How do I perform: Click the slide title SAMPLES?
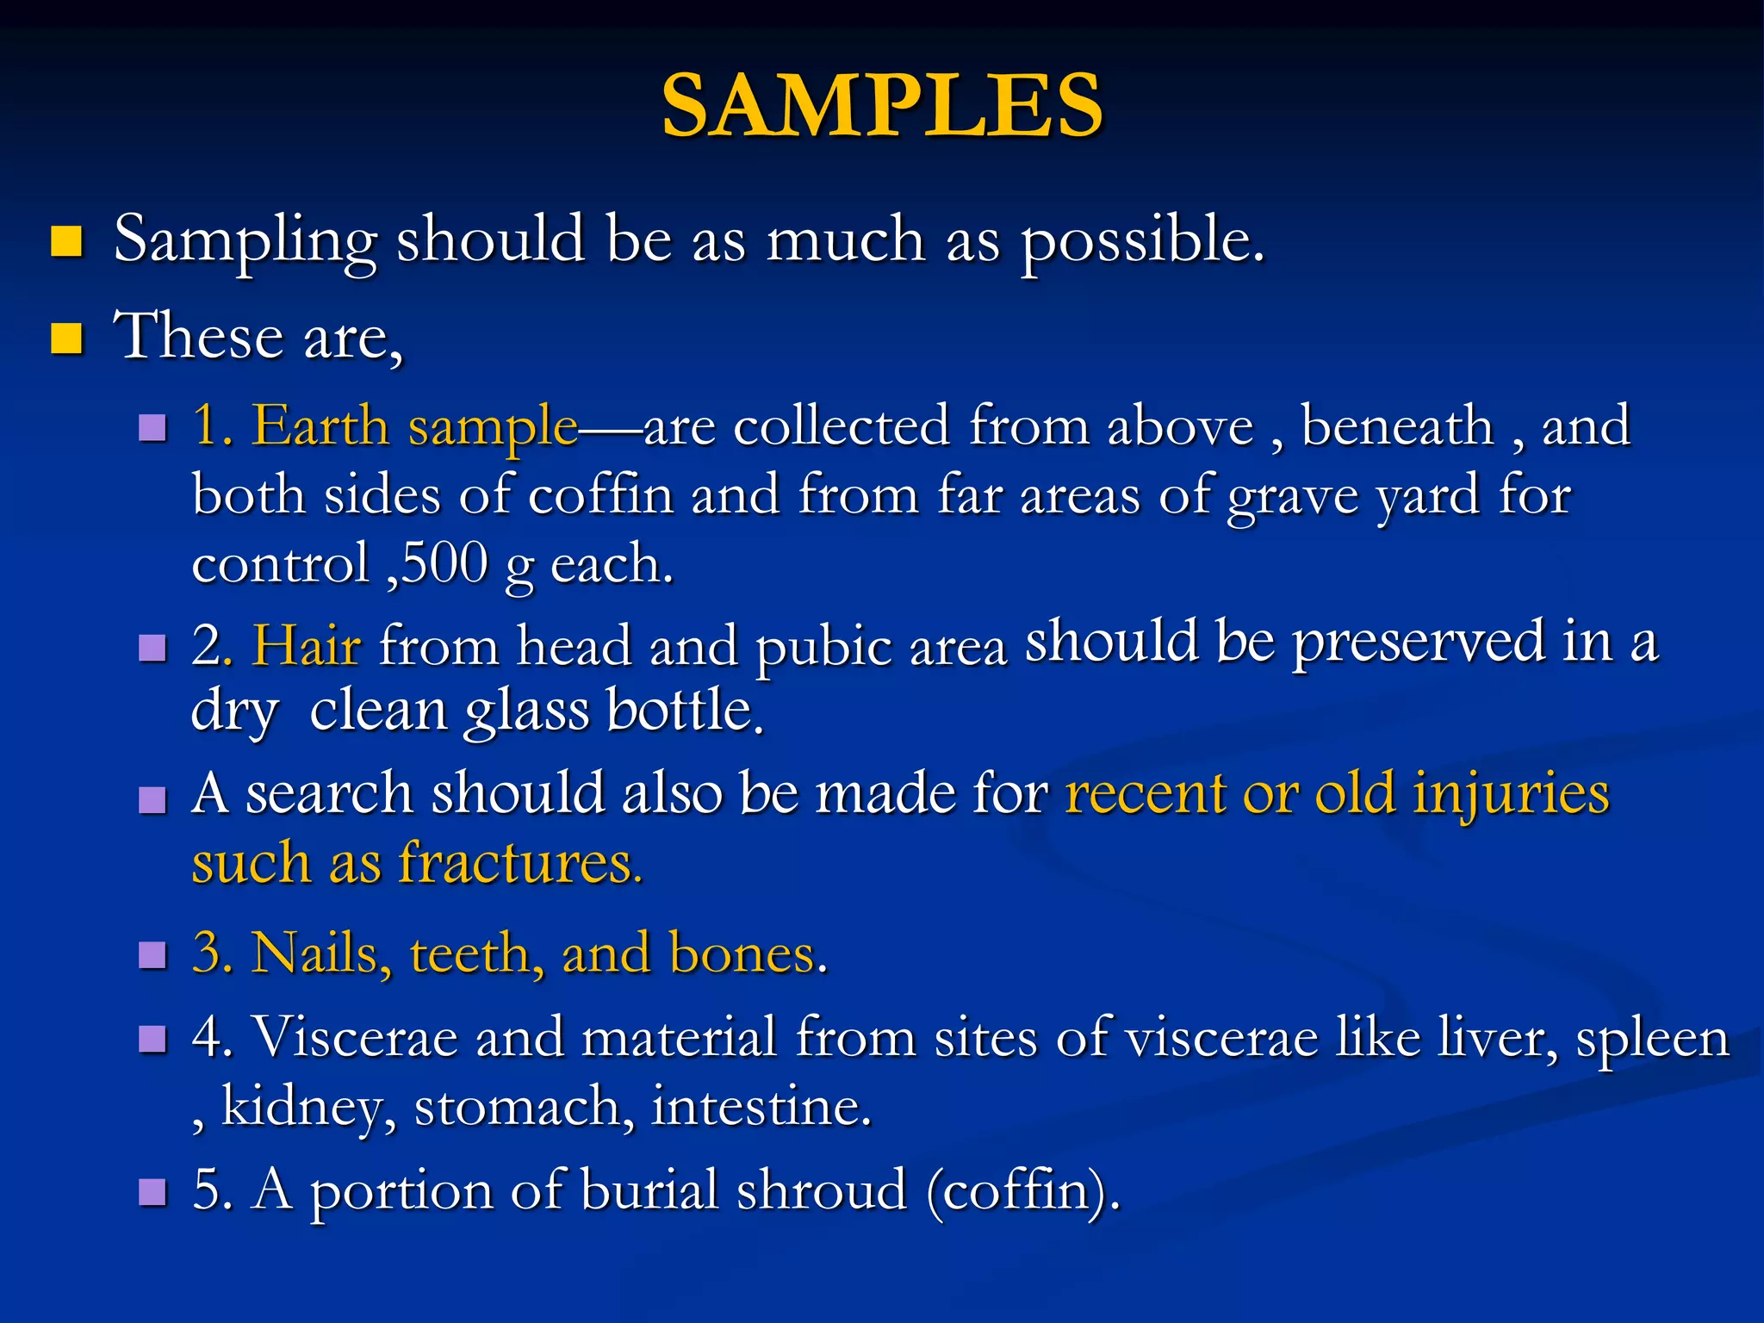(882, 105)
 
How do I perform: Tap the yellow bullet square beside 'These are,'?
(66, 339)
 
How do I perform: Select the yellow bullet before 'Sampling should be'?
(66, 242)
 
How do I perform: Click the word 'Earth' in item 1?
(320, 425)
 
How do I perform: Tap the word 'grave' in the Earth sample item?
(1293, 497)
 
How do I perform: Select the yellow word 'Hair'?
(307, 646)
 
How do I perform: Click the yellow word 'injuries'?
(1511, 794)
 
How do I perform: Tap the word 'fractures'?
(519, 863)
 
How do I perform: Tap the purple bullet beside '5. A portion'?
(152, 1192)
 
